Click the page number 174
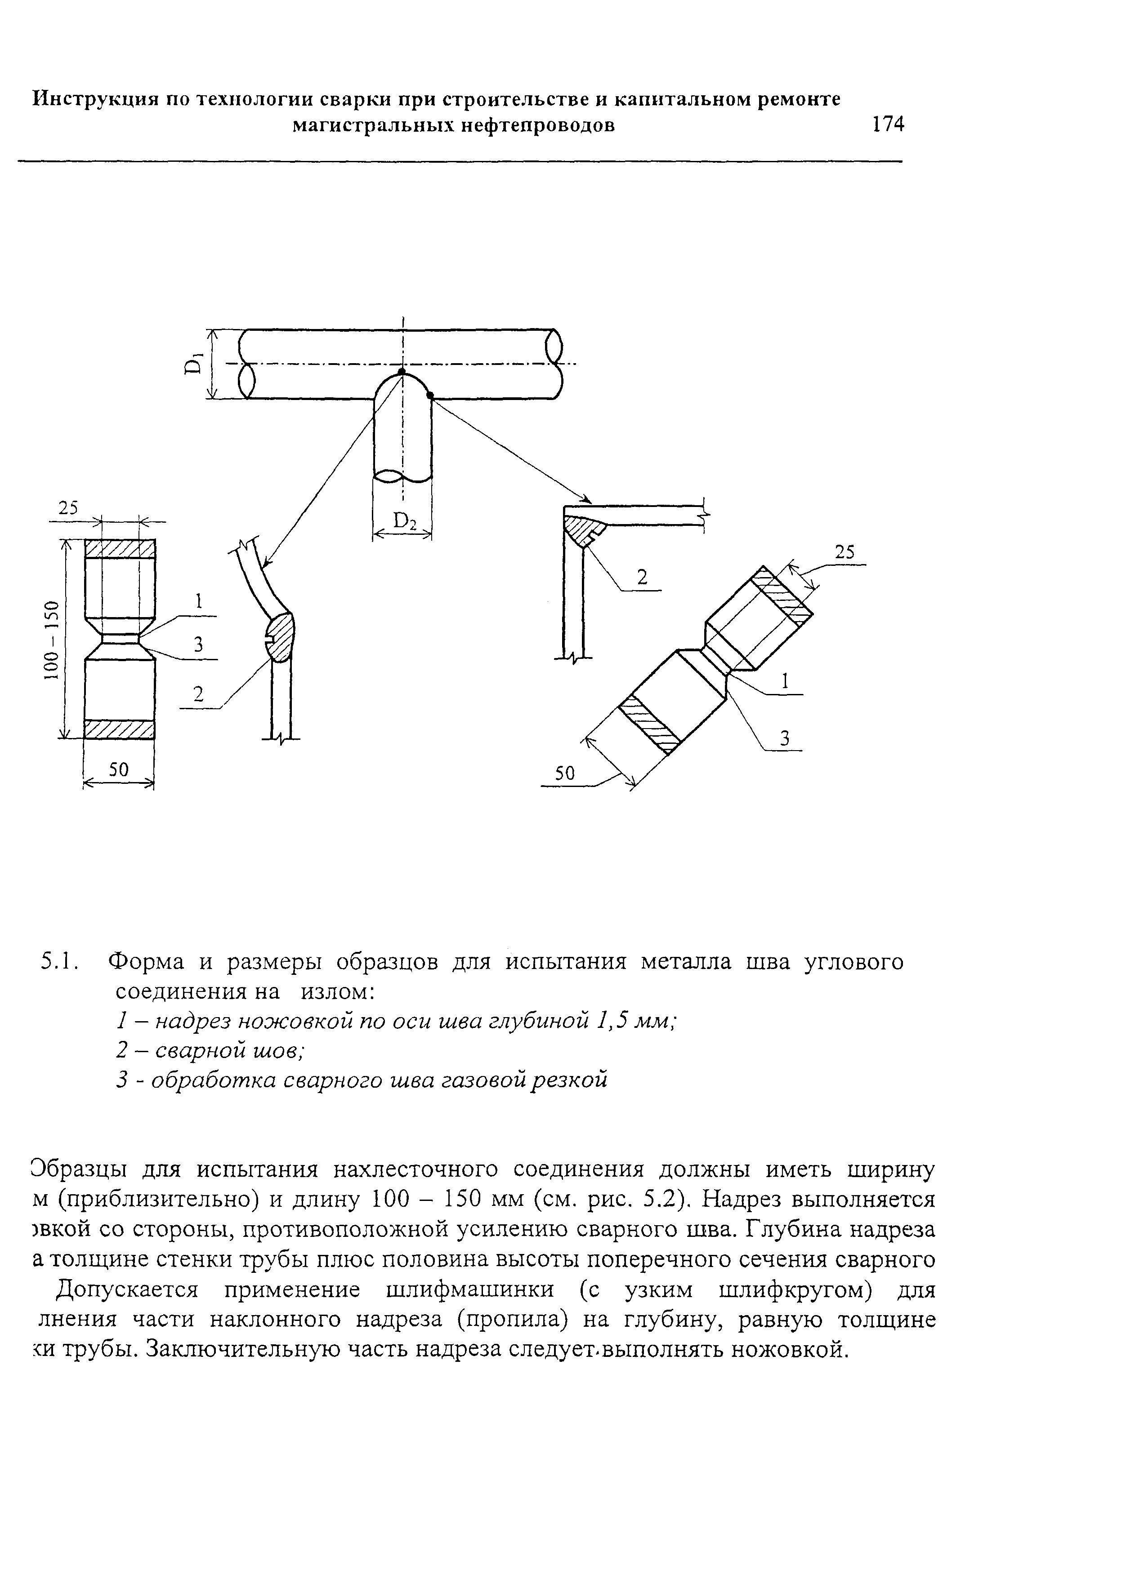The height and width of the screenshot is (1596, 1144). point(887,124)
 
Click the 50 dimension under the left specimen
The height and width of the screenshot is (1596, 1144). point(118,770)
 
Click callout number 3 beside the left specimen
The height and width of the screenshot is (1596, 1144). point(198,644)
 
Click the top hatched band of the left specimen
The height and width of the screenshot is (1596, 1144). point(119,548)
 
